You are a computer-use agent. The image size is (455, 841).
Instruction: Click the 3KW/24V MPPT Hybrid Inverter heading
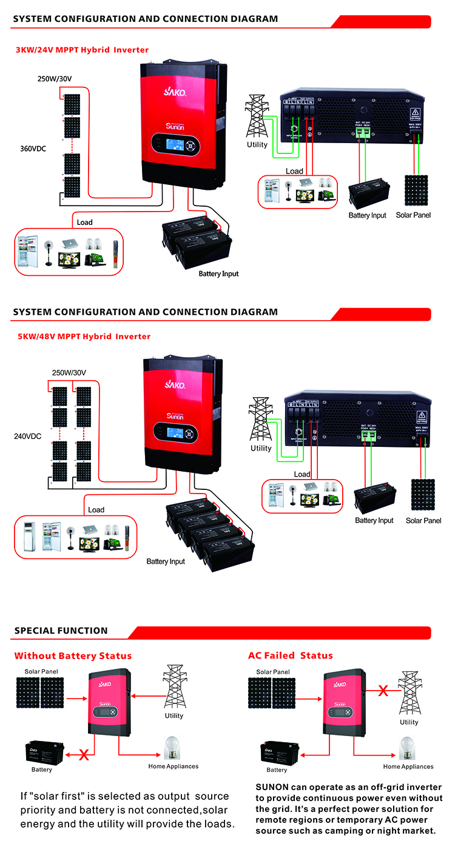click(82, 50)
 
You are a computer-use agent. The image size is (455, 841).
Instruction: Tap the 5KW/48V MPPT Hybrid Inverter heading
click(84, 336)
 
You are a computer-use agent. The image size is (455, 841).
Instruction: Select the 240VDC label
click(28, 435)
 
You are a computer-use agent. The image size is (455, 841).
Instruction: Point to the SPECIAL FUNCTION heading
click(61, 631)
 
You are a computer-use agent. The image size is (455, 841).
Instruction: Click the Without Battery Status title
click(73, 655)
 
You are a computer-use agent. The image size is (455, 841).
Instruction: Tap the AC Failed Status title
click(290, 655)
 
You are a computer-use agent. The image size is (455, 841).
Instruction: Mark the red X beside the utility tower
click(383, 690)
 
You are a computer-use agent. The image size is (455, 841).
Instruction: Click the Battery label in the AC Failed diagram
click(277, 769)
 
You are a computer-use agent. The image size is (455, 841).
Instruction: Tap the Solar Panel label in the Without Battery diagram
click(41, 671)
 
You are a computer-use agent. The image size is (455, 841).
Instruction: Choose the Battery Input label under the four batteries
click(166, 561)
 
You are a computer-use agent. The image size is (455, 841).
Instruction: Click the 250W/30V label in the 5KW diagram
click(69, 373)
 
